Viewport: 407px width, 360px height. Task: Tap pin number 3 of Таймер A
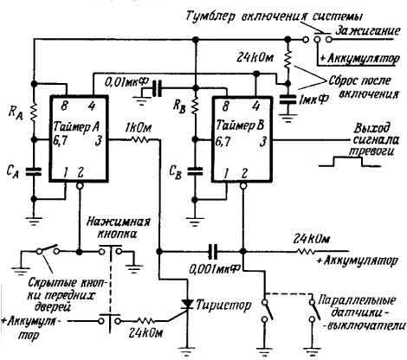102,138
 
